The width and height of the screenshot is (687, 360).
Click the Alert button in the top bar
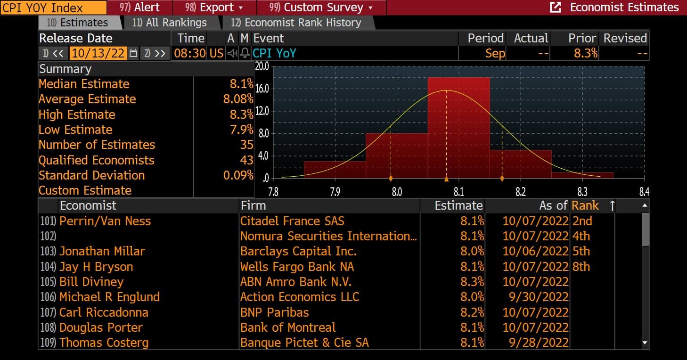[x=140, y=8]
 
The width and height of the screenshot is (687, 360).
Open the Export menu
[x=214, y=8]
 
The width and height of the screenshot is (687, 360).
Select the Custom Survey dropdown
[x=321, y=8]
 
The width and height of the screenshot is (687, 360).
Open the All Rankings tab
[x=170, y=23]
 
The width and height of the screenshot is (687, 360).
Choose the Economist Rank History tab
[x=296, y=23]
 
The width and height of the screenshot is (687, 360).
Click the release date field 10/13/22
[x=98, y=53]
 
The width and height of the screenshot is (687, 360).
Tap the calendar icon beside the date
[x=133, y=53]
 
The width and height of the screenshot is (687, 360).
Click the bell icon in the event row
[x=245, y=53]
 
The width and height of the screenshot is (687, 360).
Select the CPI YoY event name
[x=274, y=53]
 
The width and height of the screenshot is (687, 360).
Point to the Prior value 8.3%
[x=586, y=53]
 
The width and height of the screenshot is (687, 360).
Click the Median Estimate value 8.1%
[x=241, y=84]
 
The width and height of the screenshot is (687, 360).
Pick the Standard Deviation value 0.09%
[x=238, y=175]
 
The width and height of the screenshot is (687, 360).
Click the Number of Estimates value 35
[x=246, y=145]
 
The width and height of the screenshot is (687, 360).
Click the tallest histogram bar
[x=459, y=128]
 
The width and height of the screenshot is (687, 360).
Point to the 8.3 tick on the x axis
[x=582, y=192]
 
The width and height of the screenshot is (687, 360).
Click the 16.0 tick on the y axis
[x=262, y=89]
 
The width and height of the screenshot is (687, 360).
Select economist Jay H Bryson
[x=96, y=267]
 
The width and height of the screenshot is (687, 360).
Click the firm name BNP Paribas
[x=275, y=312]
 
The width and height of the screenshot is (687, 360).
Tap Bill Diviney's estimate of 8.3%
[x=472, y=282]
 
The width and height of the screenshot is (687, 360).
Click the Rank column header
[x=585, y=205]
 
